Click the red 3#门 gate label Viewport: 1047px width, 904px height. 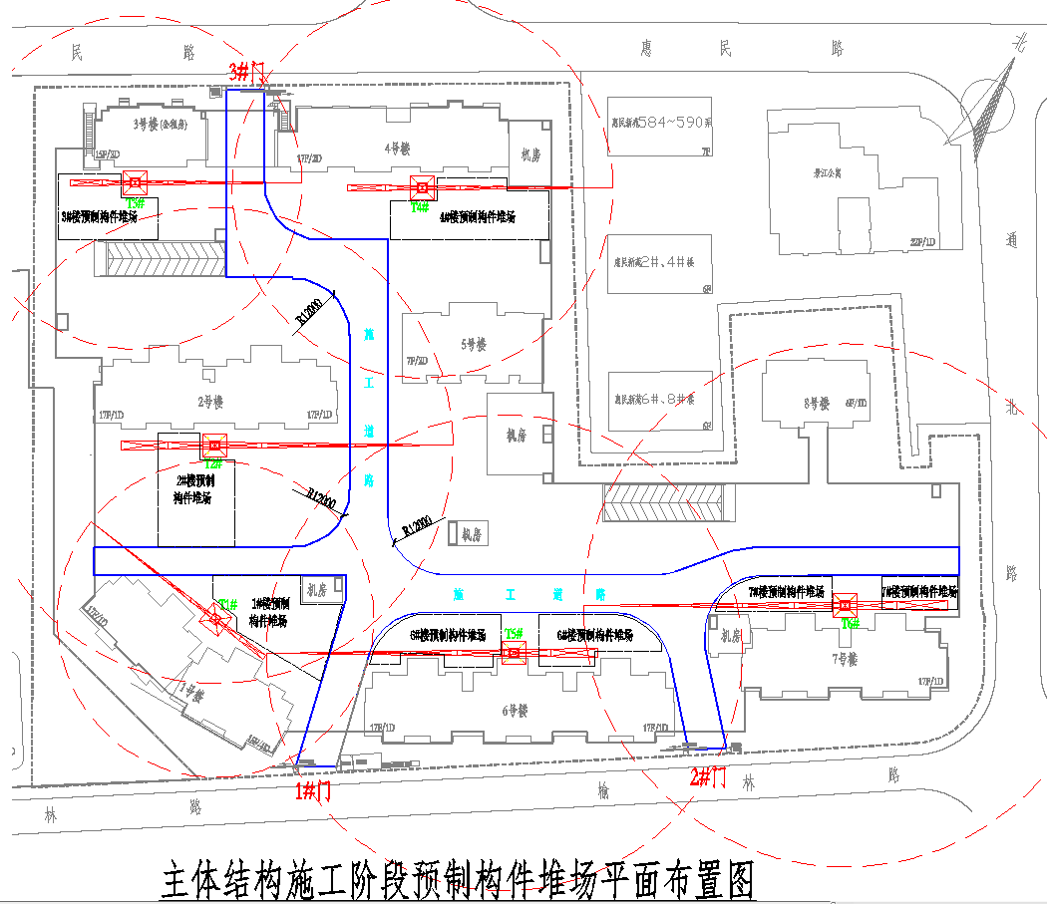[245, 72]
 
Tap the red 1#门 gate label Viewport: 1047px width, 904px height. [313, 791]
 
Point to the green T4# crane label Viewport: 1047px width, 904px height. [420, 207]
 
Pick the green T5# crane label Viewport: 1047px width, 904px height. [514, 633]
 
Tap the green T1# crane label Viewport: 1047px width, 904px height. [228, 604]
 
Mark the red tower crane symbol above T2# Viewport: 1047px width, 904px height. [212, 445]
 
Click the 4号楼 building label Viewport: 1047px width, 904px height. [399, 149]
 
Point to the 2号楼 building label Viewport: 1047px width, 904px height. [209, 402]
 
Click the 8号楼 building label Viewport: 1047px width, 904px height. [816, 404]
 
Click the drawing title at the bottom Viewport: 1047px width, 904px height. [459, 880]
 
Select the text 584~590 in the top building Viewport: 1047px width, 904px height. [674, 122]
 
